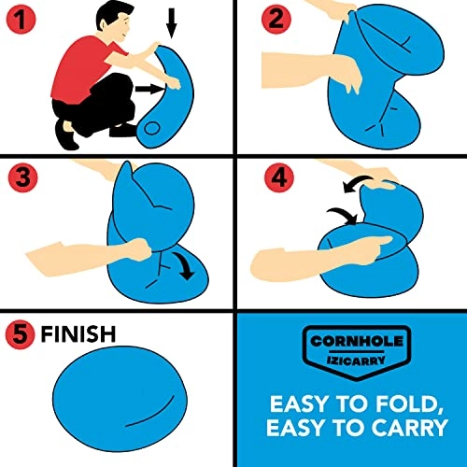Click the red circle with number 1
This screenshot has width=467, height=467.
tap(20, 20)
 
